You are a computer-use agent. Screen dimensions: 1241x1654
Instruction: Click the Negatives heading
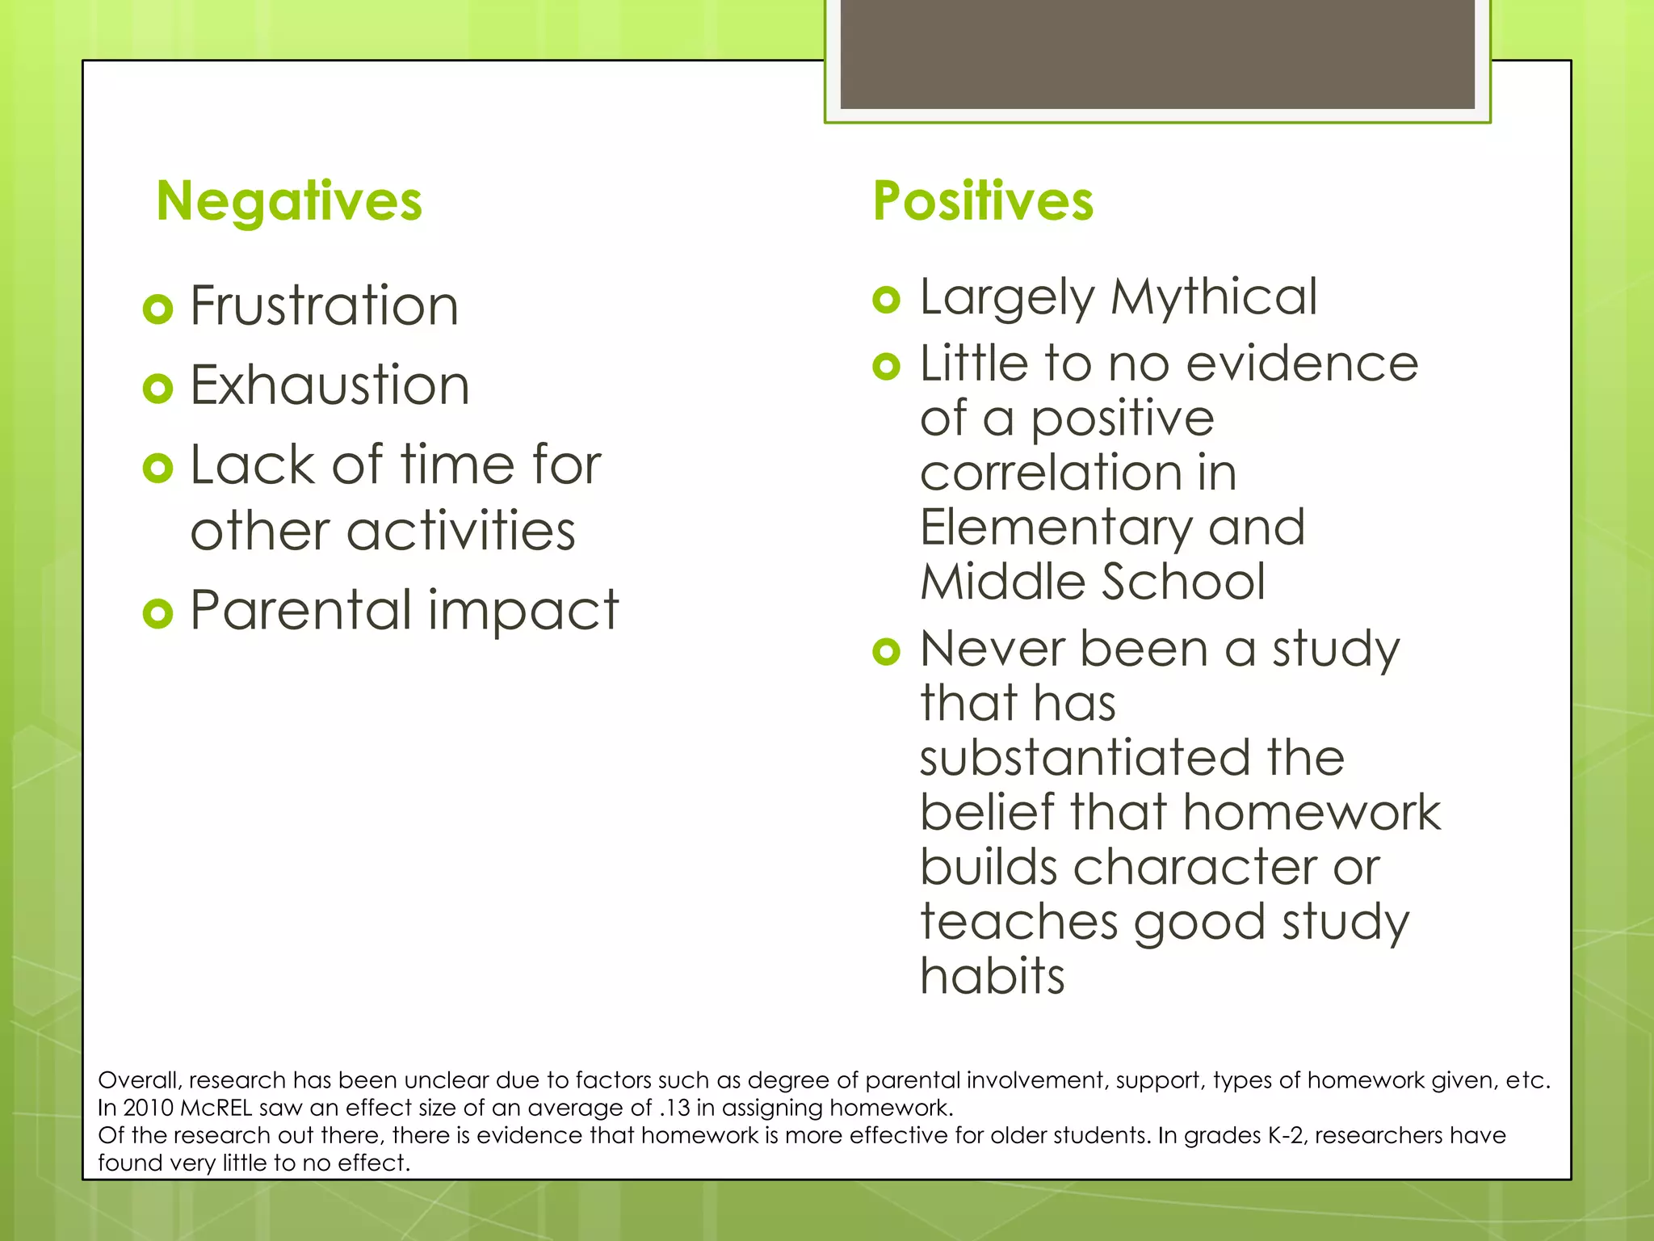click(289, 202)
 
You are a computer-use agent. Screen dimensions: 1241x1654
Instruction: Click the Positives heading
click(983, 202)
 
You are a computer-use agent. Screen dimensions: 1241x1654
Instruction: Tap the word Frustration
click(324, 306)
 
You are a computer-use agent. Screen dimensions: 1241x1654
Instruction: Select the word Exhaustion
click(330, 385)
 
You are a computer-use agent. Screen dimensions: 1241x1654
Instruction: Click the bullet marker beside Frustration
click(157, 309)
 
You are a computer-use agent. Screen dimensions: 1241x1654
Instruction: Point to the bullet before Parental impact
click(157, 614)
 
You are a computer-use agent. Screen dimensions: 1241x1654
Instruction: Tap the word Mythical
click(1214, 297)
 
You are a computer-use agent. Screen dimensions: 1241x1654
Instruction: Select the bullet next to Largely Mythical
click(886, 300)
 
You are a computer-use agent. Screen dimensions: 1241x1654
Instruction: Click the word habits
click(993, 976)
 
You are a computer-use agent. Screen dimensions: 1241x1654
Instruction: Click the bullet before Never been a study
click(886, 651)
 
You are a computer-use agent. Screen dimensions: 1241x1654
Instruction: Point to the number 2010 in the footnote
click(148, 1108)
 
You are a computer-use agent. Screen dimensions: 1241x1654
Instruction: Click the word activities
click(460, 532)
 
